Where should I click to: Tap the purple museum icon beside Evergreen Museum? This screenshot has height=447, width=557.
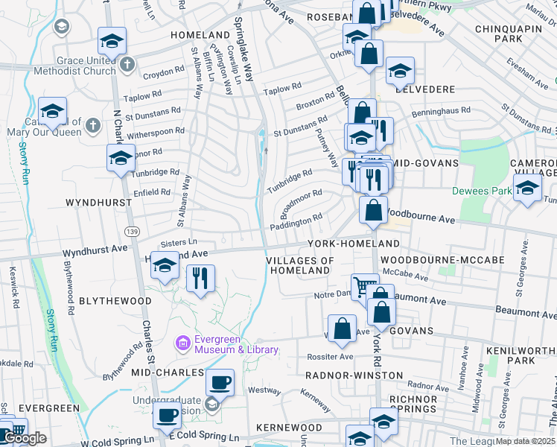[182, 343]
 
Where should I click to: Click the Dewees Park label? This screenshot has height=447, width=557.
[482, 191]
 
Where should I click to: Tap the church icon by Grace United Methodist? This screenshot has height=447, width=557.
[127, 64]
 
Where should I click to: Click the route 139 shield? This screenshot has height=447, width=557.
[132, 232]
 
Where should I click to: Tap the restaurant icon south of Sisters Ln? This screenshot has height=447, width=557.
[200, 278]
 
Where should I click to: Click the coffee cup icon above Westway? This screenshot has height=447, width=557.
[220, 382]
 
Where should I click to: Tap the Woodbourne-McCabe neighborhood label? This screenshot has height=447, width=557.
[442, 259]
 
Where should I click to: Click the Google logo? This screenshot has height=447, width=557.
[25, 438]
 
